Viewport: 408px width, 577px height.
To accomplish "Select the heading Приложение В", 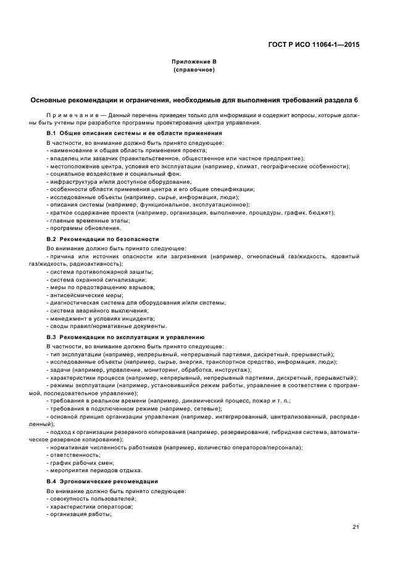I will pyautogui.click(x=194, y=62).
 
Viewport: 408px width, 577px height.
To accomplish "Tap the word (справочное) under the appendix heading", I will pyautogui.click(x=194, y=70).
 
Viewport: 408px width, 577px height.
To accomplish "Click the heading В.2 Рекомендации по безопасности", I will pyautogui.click(x=102, y=239).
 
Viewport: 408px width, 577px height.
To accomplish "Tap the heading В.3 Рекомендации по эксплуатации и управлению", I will pyautogui.click(x=125, y=338).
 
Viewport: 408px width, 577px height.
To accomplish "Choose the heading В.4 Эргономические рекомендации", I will pyautogui.click(x=102, y=481).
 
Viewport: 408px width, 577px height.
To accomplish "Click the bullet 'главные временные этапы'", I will pyautogui.click(x=80, y=220).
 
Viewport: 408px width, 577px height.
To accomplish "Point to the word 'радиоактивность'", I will pyautogui.click(x=100, y=263).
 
